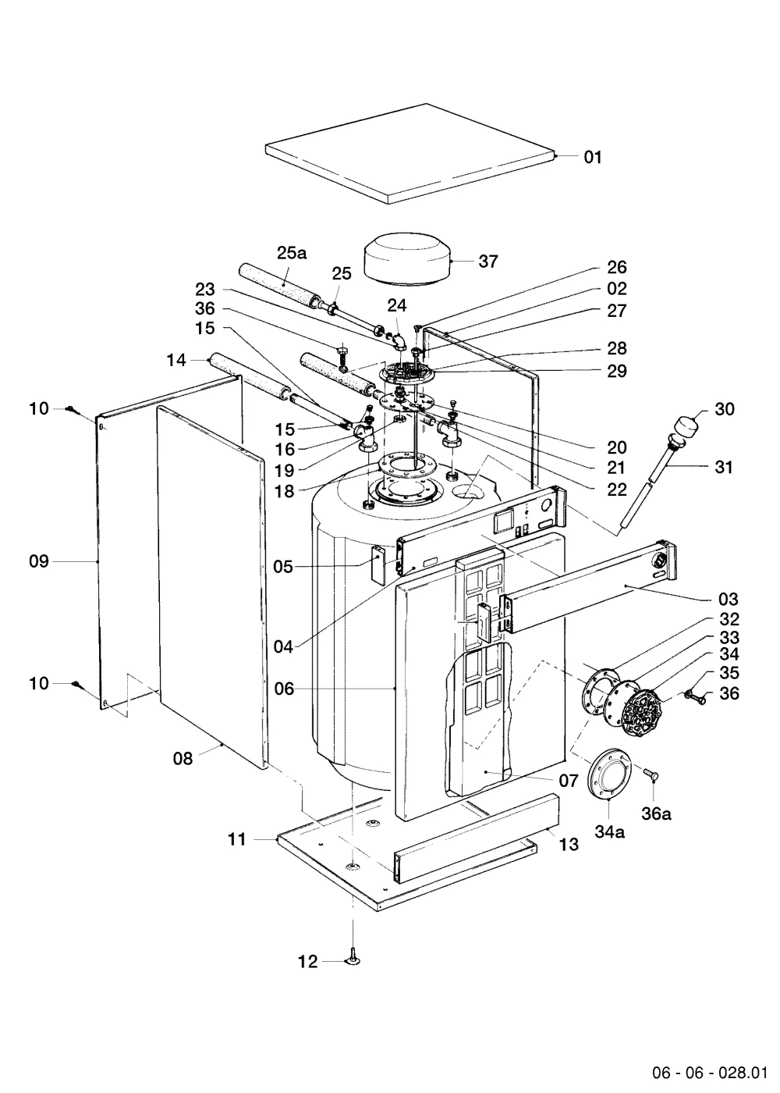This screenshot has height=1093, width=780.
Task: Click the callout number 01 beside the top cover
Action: pyautogui.click(x=593, y=157)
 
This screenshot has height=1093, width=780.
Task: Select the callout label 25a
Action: pyautogui.click(x=292, y=253)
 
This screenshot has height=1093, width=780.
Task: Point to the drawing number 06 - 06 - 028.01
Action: pyautogui.click(x=710, y=1073)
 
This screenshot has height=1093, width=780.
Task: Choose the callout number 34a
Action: pyautogui.click(x=609, y=831)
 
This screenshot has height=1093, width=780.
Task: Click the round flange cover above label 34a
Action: pyautogui.click(x=609, y=774)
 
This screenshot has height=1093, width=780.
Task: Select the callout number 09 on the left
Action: pyautogui.click(x=39, y=561)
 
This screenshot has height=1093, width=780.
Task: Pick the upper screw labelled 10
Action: pyautogui.click(x=71, y=408)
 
